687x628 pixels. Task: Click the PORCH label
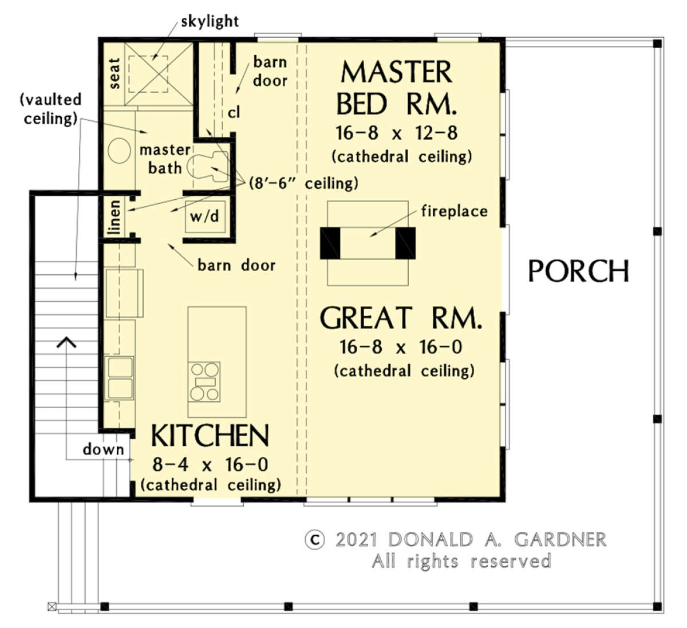(x=578, y=271)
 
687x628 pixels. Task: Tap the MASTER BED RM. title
(x=396, y=88)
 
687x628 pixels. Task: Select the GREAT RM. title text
(x=400, y=318)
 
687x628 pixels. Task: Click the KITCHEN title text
(x=210, y=436)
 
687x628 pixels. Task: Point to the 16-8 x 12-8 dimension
(x=396, y=133)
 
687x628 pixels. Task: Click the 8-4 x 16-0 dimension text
(x=210, y=464)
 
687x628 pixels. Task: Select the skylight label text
(x=210, y=22)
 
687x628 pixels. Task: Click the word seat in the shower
(x=114, y=73)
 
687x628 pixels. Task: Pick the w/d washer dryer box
(x=205, y=217)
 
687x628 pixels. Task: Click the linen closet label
(x=115, y=217)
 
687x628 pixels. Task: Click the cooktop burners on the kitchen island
(x=205, y=381)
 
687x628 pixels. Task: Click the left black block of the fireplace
(x=330, y=243)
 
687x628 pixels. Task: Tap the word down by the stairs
(x=103, y=449)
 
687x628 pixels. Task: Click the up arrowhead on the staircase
(x=66, y=343)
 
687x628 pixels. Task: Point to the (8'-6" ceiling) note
(x=303, y=183)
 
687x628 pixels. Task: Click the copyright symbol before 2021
(x=314, y=540)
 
